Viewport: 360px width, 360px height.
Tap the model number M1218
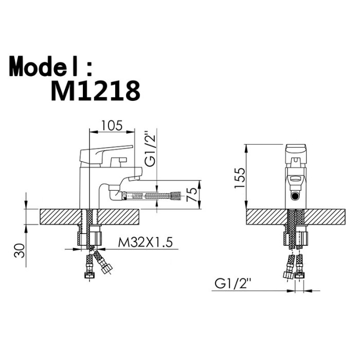[95, 91]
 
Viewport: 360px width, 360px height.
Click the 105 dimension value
[112, 125]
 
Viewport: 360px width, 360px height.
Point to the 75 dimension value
[192, 194]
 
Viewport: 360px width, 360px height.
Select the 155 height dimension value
[240, 178]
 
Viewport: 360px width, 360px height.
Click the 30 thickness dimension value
[20, 250]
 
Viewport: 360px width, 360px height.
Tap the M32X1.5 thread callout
[145, 242]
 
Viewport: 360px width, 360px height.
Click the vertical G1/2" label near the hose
[150, 149]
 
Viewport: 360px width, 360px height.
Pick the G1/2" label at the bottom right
[232, 283]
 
